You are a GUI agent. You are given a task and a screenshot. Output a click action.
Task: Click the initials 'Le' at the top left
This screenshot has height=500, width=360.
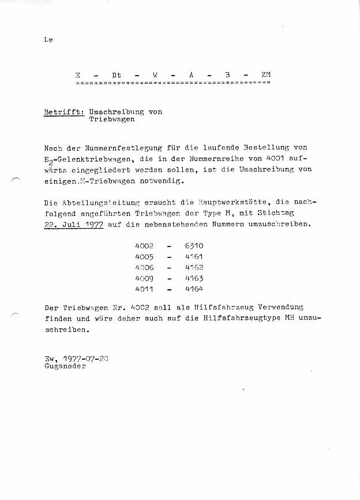48,40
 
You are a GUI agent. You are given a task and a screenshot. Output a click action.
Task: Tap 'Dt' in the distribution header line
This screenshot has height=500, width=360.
117,75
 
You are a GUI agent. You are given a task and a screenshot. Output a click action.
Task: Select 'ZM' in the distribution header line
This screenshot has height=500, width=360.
265,75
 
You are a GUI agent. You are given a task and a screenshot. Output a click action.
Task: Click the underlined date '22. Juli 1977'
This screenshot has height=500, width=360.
73,224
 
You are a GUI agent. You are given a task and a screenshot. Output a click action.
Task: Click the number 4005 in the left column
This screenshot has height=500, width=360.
144,256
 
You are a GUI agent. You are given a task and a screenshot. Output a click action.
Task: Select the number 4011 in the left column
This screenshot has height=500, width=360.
144,289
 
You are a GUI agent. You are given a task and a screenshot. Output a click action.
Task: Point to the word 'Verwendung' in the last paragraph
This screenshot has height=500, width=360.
280,307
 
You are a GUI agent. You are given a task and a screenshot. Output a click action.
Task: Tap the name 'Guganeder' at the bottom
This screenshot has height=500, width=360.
65,367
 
